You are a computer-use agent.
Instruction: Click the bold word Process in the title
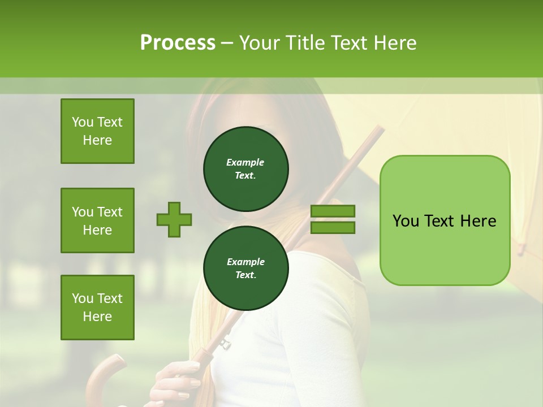tap(178, 42)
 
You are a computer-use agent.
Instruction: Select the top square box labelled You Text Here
tap(97, 131)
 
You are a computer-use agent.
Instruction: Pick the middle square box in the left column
tap(97, 220)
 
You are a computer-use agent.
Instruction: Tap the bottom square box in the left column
tap(97, 308)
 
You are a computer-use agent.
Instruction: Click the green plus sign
tap(174, 219)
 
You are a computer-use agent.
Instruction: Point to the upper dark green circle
tap(245, 169)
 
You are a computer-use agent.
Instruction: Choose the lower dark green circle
tap(245, 269)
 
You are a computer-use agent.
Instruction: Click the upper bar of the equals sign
tap(333, 211)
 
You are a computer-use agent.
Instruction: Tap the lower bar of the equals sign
tap(333, 227)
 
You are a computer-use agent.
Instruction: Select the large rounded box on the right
tap(445, 220)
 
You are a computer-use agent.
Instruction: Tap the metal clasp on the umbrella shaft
tap(225, 343)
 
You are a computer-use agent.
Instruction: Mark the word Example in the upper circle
tap(245, 162)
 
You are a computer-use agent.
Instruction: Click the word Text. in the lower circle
tap(245, 275)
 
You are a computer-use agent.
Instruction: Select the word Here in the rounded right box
tap(478, 220)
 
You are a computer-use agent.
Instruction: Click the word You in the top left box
tap(83, 122)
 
